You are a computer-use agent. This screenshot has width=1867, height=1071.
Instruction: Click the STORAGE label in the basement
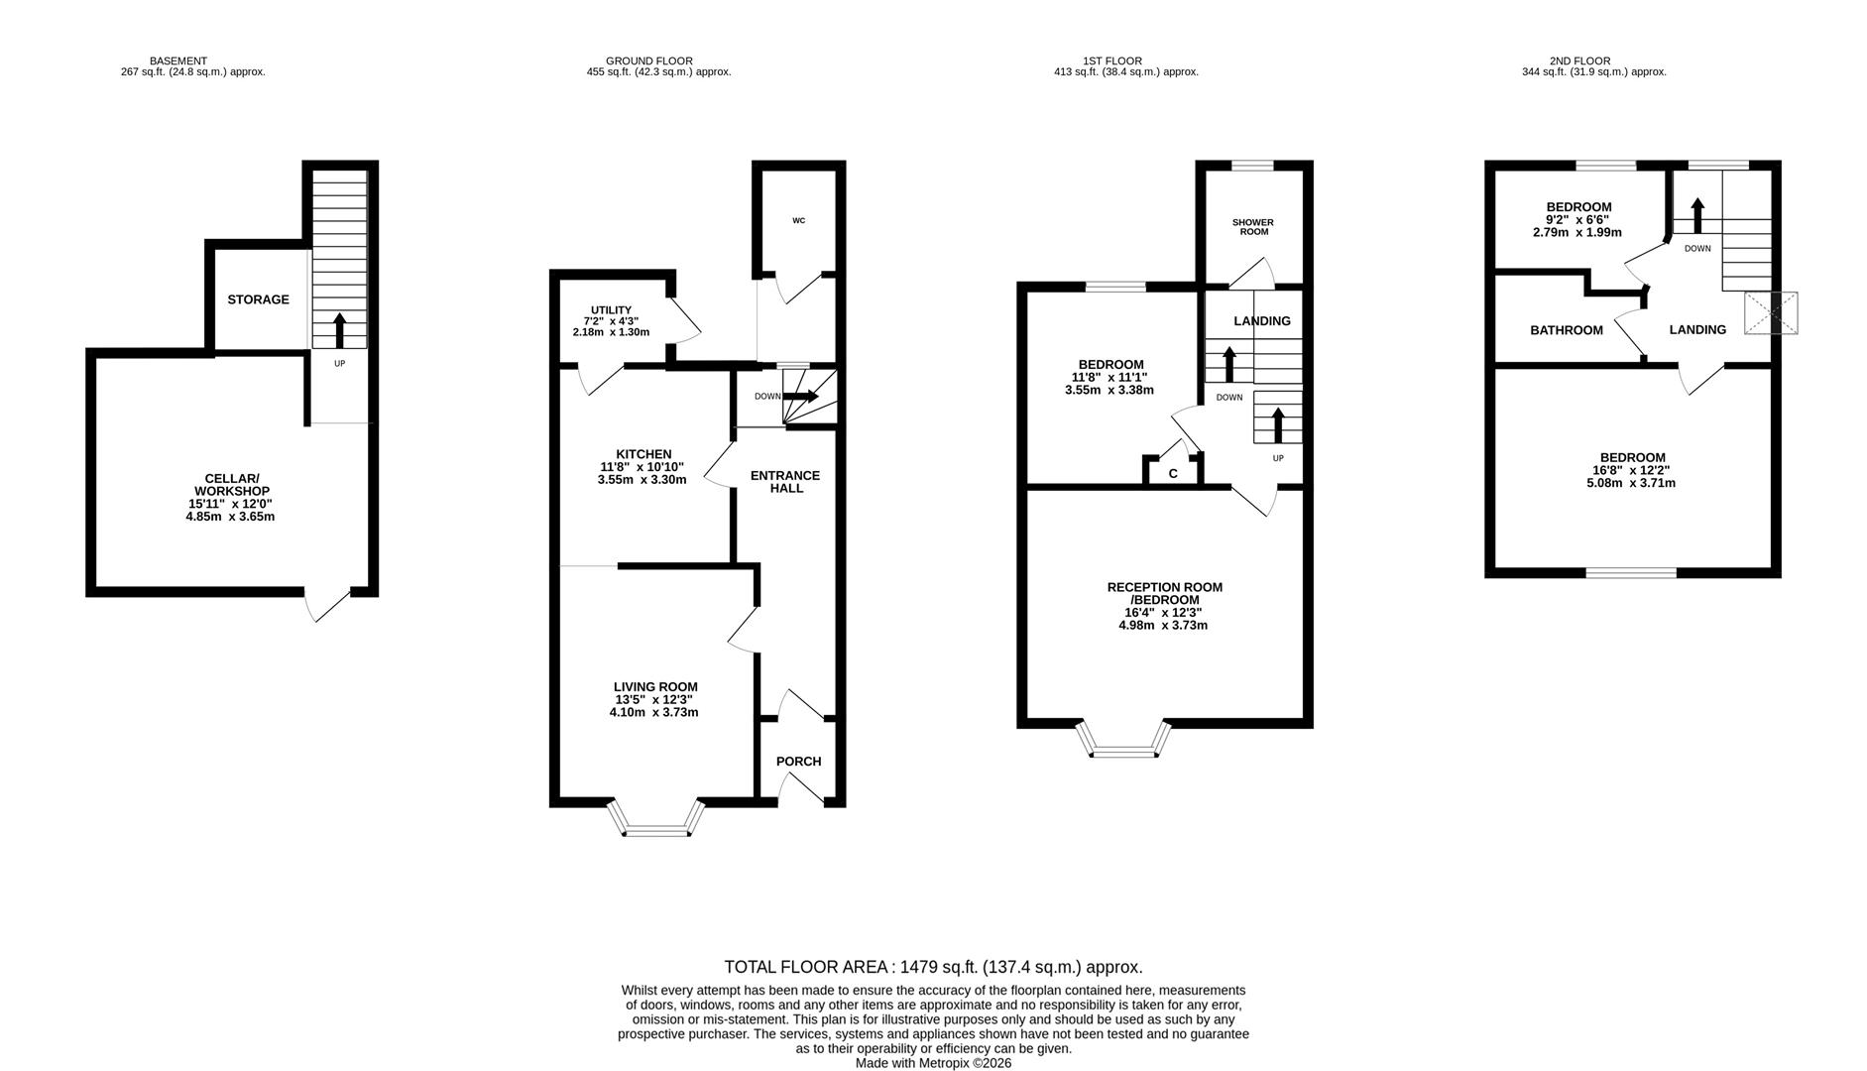(x=258, y=299)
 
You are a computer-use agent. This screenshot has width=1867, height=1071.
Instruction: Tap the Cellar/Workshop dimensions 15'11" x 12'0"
(x=230, y=504)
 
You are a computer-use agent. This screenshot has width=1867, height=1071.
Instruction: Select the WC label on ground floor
(x=798, y=220)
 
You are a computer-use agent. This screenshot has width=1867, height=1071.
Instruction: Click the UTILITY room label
(x=611, y=310)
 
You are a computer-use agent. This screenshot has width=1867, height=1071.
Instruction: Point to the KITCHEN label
(x=642, y=454)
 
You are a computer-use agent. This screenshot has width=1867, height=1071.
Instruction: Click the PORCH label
(x=798, y=762)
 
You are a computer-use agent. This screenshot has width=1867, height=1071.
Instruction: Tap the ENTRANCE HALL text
(x=784, y=482)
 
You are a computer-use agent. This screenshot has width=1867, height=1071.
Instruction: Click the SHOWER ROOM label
(x=1253, y=227)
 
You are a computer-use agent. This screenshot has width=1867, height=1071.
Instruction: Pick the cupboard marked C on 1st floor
(x=1173, y=473)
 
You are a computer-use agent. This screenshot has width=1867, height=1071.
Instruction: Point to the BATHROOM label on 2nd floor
(x=1566, y=330)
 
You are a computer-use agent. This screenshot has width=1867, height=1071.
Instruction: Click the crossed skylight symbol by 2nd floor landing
(x=1771, y=312)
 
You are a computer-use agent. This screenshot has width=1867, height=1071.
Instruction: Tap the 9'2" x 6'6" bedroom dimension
(x=1576, y=220)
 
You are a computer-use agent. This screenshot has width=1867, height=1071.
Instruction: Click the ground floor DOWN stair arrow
(x=800, y=396)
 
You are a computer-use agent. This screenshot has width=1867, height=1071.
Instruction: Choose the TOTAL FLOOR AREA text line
(x=932, y=967)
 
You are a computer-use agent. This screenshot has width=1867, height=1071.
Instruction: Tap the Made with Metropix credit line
(x=933, y=1062)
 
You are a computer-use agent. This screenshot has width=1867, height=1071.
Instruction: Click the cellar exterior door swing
(x=326, y=604)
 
